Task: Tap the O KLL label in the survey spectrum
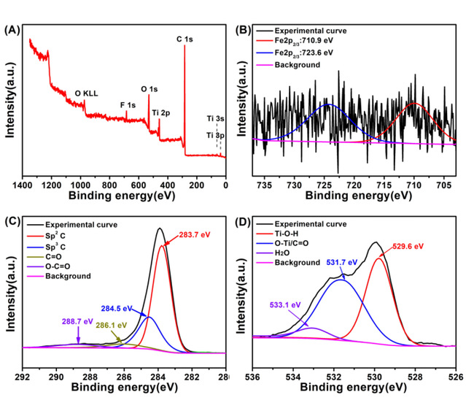tap(88, 93)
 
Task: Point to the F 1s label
tap(128, 104)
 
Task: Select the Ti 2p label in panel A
tap(161, 113)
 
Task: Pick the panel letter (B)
tap(244, 31)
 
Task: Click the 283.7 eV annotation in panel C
tap(195, 234)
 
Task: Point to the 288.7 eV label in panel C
tap(77, 321)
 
